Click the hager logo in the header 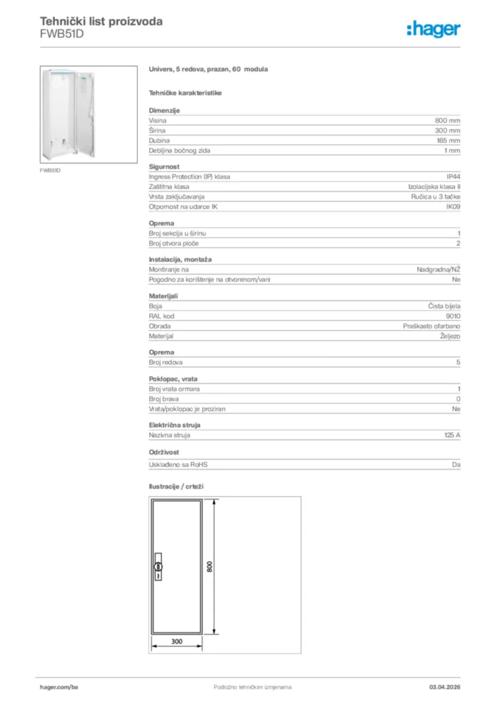[x=433, y=29]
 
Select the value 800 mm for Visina [x=447, y=120]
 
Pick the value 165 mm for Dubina [x=448, y=140]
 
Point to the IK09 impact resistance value [x=453, y=207]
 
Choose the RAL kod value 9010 [x=453, y=317]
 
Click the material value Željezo [x=449, y=337]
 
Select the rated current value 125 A [x=452, y=435]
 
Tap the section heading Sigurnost [x=164, y=166]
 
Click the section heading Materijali [x=164, y=296]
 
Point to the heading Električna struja [x=175, y=425]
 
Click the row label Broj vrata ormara [x=174, y=389]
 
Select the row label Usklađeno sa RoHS [x=178, y=465]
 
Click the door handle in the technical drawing [x=159, y=566]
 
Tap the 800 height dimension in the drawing [x=210, y=567]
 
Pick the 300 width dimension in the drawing [x=177, y=641]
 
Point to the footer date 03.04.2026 [x=444, y=687]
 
